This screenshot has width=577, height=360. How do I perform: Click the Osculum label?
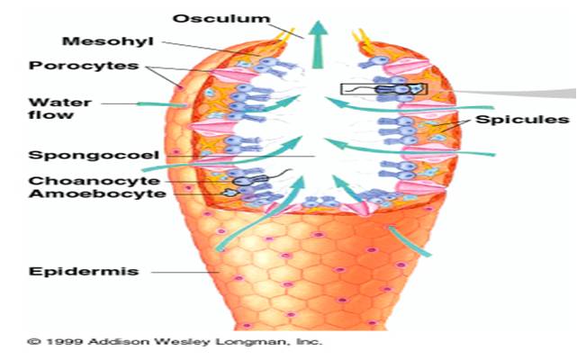click(x=209, y=19)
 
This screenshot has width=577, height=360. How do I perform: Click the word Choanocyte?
click(x=76, y=180)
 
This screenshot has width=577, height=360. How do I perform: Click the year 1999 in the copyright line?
click(x=60, y=342)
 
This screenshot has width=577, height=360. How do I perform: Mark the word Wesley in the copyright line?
click(x=183, y=342)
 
